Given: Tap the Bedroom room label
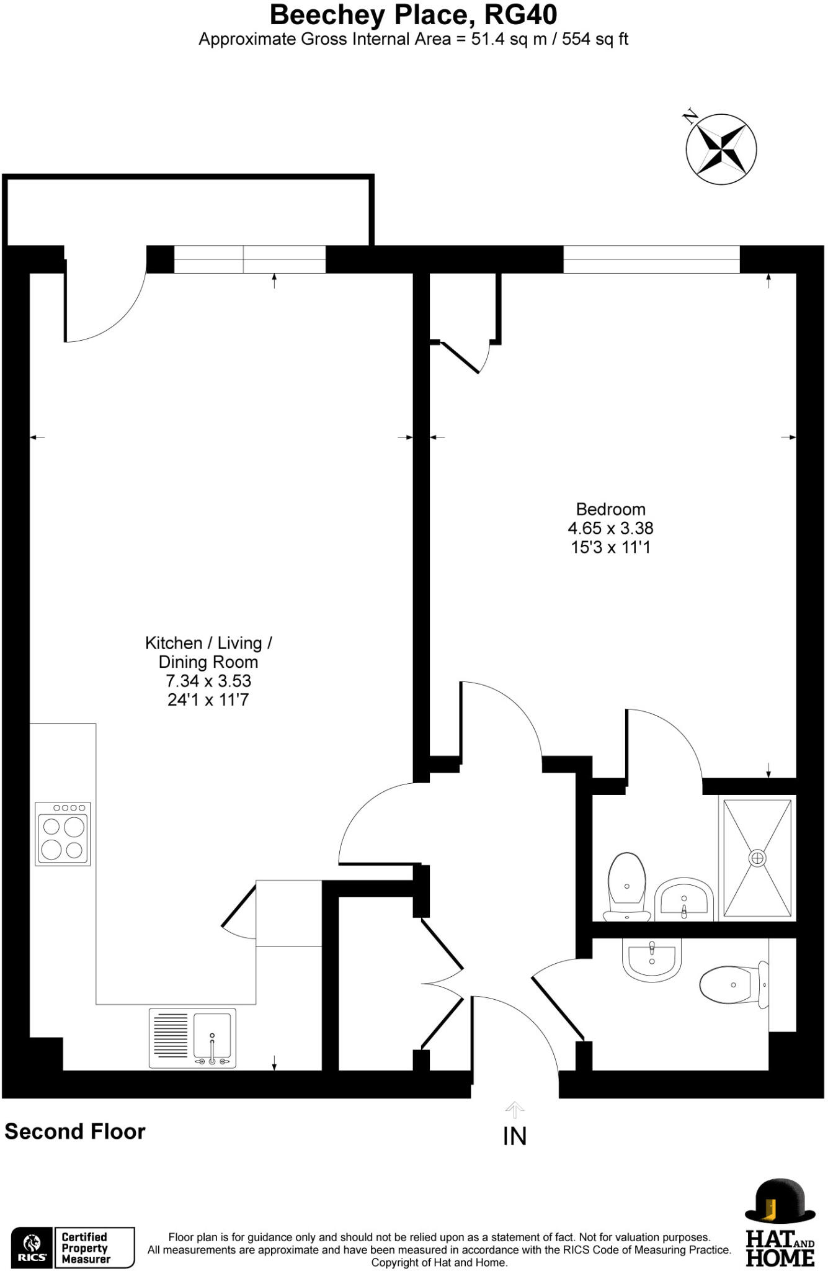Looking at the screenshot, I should (x=610, y=510).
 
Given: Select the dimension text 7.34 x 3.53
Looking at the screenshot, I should (x=208, y=681).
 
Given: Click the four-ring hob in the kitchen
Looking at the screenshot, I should (x=63, y=834).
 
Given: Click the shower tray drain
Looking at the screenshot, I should (x=757, y=859).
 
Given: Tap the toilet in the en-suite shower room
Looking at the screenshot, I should (x=627, y=887).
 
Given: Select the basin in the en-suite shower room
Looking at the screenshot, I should (x=683, y=897).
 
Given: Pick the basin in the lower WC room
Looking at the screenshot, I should (x=652, y=959).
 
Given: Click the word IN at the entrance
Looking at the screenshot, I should (x=515, y=1136).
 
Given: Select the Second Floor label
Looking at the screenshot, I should (x=75, y=1131).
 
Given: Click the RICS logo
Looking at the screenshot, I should (x=32, y=1247).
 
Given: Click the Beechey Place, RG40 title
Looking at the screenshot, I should (x=414, y=15).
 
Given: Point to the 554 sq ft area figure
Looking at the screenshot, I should (x=595, y=40).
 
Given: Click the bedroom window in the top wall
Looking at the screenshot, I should (x=651, y=259).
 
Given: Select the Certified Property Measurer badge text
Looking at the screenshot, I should (x=86, y=1247).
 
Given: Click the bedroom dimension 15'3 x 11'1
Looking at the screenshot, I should (x=610, y=547).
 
